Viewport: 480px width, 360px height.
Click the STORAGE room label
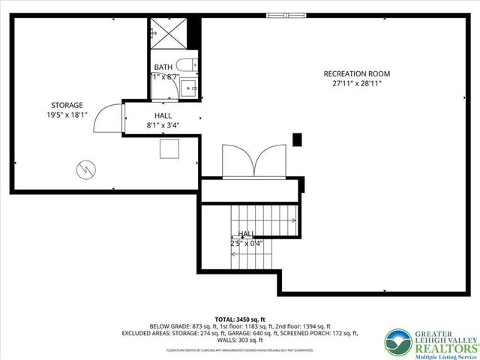click(x=67, y=105)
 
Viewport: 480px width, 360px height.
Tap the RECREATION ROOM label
click(x=357, y=73)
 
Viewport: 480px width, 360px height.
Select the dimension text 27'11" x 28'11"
click(x=357, y=84)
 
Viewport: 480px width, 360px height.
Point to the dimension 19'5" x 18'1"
click(x=67, y=115)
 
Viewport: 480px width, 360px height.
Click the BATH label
click(x=163, y=67)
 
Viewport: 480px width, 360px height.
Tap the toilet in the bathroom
click(x=187, y=65)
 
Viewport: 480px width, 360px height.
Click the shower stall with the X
click(x=167, y=32)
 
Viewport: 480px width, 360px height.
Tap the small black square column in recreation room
click(x=297, y=139)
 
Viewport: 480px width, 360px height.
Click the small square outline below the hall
click(x=169, y=148)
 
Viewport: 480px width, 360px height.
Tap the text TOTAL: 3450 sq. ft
click(x=240, y=318)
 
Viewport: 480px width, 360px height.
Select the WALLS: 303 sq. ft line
click(x=240, y=340)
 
